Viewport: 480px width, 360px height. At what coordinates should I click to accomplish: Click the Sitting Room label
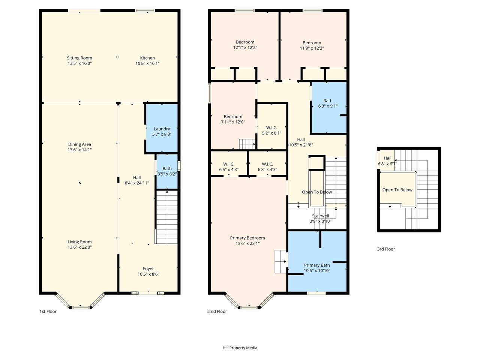point(79,58)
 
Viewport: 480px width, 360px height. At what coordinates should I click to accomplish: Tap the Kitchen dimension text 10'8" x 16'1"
point(147,63)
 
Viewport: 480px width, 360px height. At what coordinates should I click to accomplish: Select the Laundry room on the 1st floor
point(162,128)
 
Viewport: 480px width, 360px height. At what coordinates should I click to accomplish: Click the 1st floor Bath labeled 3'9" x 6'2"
point(167,171)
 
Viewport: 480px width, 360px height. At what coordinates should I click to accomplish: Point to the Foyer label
point(148,268)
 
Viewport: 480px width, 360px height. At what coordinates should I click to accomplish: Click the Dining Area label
point(79,144)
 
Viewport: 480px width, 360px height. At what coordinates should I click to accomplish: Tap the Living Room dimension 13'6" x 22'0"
point(79,247)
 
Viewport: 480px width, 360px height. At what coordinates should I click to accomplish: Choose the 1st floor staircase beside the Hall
point(166,217)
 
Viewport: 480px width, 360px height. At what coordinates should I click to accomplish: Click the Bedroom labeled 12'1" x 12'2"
point(245,45)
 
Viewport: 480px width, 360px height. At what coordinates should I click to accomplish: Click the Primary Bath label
point(317,265)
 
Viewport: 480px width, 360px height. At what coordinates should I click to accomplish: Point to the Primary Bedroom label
point(247,238)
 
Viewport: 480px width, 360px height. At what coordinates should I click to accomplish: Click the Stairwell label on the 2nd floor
point(320,216)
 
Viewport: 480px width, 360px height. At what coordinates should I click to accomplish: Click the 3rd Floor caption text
point(386,249)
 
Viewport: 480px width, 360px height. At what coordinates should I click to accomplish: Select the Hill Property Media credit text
point(240,348)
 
